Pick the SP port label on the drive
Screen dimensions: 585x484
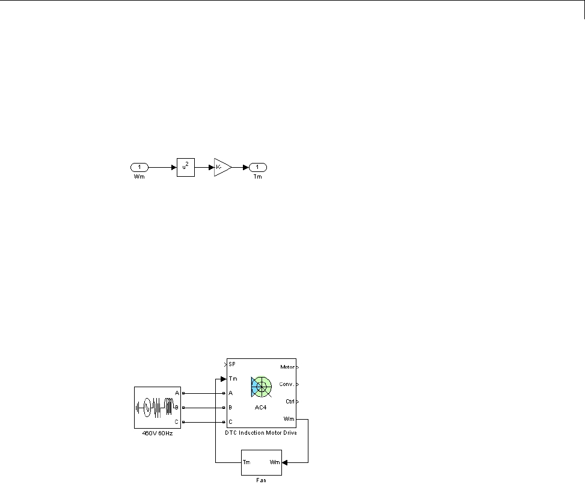pyautogui.click(x=231, y=364)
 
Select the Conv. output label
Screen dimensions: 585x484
pyautogui.click(x=286, y=384)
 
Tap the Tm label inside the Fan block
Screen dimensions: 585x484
pyautogui.click(x=246, y=462)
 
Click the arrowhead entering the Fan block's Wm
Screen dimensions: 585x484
pyautogui.click(x=284, y=462)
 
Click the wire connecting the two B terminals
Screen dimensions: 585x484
pyautogui.click(x=203, y=407)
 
